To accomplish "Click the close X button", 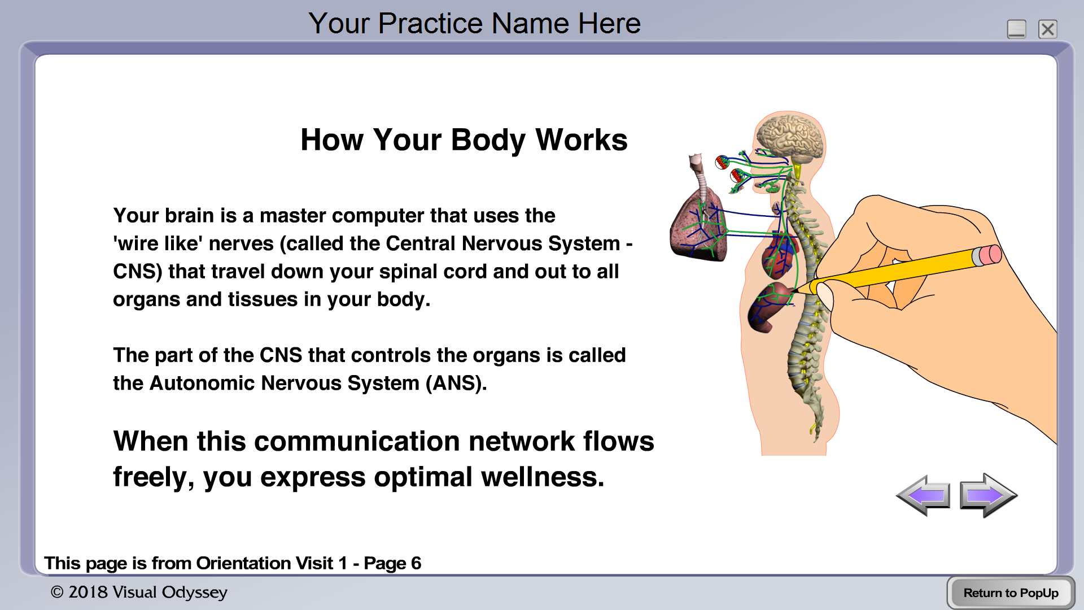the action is [x=1047, y=29].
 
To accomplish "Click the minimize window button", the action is [x=1016, y=29].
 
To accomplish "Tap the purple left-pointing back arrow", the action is [x=923, y=495].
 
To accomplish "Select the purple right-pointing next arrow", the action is [x=989, y=495].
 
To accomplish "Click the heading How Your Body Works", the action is [x=464, y=140].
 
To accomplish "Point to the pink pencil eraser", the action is [x=987, y=255].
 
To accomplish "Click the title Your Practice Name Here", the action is [x=474, y=23].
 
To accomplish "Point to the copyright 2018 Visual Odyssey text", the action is [x=139, y=592].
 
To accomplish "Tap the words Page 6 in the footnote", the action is [x=392, y=563].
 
